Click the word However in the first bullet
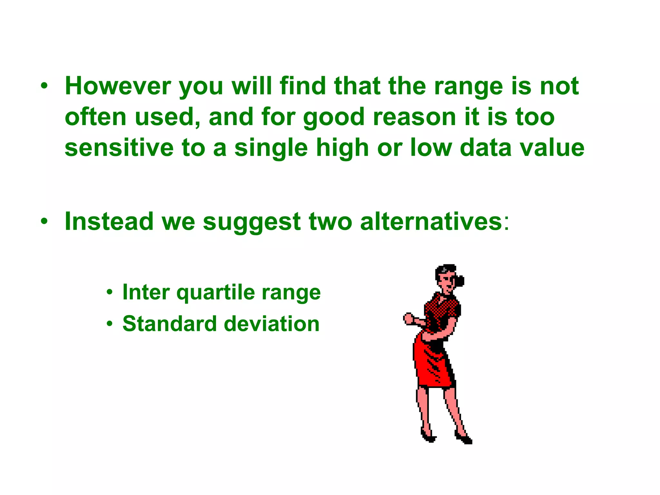click(x=118, y=86)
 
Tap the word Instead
click(x=109, y=222)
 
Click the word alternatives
click(x=431, y=222)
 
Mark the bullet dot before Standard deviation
click(x=110, y=324)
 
